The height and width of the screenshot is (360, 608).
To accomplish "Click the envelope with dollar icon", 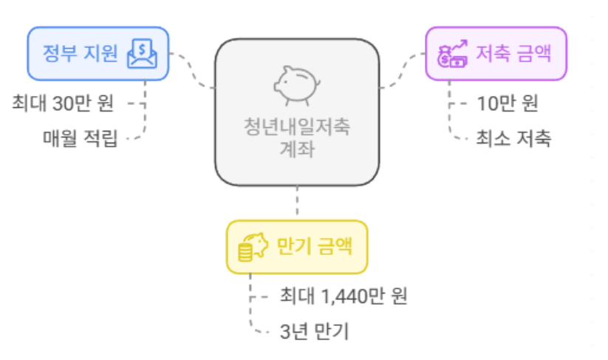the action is point(143,53).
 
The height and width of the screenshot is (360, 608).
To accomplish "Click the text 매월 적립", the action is point(80,137).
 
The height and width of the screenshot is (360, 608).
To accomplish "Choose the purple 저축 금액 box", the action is point(496,53).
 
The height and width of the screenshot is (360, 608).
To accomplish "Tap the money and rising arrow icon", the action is point(452,54).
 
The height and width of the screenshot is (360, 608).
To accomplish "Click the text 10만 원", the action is point(508,103).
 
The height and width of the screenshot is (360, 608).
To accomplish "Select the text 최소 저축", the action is point(513,137).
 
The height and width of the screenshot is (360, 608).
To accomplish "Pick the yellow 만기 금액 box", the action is point(296,247).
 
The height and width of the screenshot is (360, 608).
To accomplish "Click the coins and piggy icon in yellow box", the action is point(251,247).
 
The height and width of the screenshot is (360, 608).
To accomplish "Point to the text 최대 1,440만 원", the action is point(344,296).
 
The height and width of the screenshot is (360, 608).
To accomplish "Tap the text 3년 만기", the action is point(314,330).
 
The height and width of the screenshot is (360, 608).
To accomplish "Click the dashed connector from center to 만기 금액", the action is point(297,203).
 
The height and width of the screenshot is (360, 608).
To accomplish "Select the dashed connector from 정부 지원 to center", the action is point(194,70).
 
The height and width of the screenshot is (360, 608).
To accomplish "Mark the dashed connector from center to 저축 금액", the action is point(403,70).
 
